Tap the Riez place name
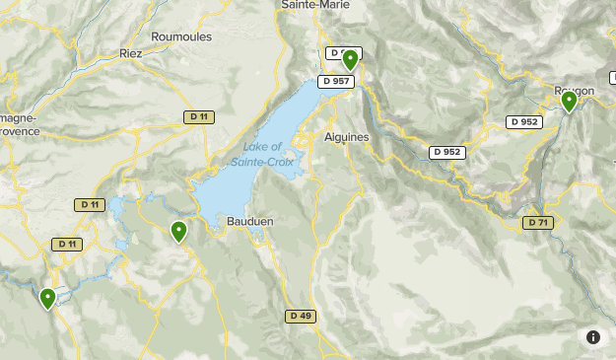click(x=131, y=52)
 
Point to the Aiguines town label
click(x=346, y=137)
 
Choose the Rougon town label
click(x=574, y=91)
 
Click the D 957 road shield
click(x=335, y=81)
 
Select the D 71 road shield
click(x=537, y=223)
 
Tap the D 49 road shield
click(x=302, y=317)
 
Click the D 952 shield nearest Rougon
click(x=524, y=121)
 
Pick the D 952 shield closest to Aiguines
click(x=446, y=152)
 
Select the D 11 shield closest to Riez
click(x=198, y=116)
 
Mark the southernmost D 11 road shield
click(x=67, y=244)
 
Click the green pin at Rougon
click(x=569, y=101)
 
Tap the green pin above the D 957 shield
click(x=349, y=59)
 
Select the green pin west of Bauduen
click(x=178, y=231)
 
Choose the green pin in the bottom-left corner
click(x=47, y=297)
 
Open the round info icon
click(x=593, y=337)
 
